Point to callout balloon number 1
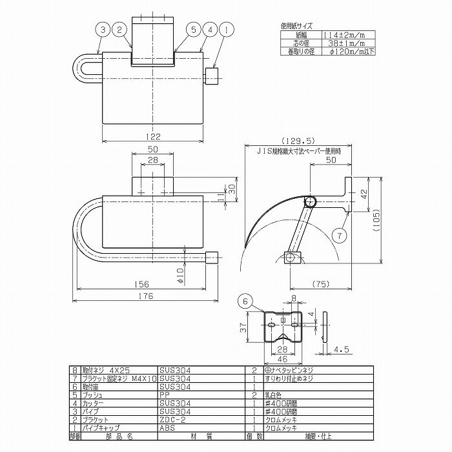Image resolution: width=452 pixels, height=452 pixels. pyautogui.click(x=224, y=29)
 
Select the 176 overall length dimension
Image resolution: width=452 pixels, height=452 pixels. pyautogui.click(x=145, y=296)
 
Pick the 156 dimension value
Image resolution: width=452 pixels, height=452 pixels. pyautogui.click(x=142, y=284)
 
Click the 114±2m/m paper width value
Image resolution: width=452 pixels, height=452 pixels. pyautogui.click(x=328, y=35)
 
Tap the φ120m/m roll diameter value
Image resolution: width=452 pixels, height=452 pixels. pyautogui.click(x=330, y=50)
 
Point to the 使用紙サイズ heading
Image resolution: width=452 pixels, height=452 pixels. pyautogui.click(x=296, y=26)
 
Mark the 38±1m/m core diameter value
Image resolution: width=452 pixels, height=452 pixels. pyautogui.click(x=328, y=42)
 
